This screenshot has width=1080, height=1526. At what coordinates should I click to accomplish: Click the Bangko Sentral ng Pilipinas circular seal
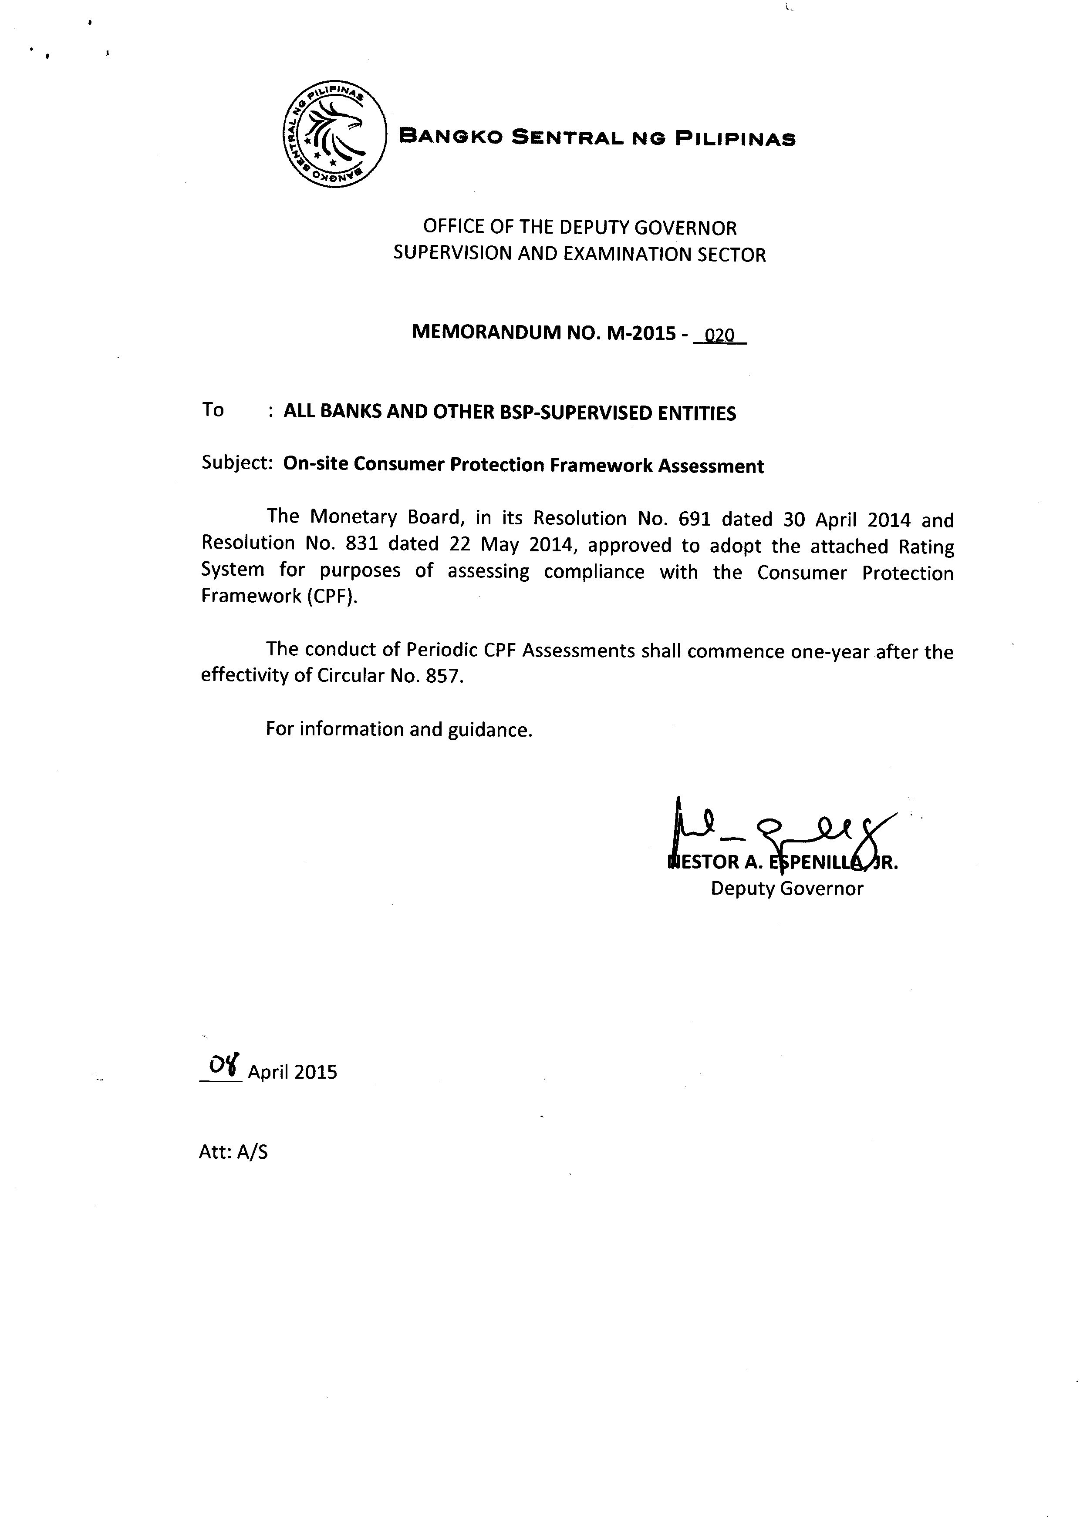click(x=334, y=135)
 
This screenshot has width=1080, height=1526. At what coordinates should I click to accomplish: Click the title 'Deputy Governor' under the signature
click(x=787, y=889)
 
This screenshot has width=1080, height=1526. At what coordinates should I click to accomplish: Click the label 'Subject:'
click(x=237, y=463)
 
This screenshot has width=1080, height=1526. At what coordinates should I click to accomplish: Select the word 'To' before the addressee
click(x=213, y=409)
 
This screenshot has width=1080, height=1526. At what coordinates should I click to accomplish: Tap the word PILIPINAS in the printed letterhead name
click(x=736, y=139)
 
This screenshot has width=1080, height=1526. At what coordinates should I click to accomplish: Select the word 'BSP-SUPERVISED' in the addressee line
click(x=576, y=413)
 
